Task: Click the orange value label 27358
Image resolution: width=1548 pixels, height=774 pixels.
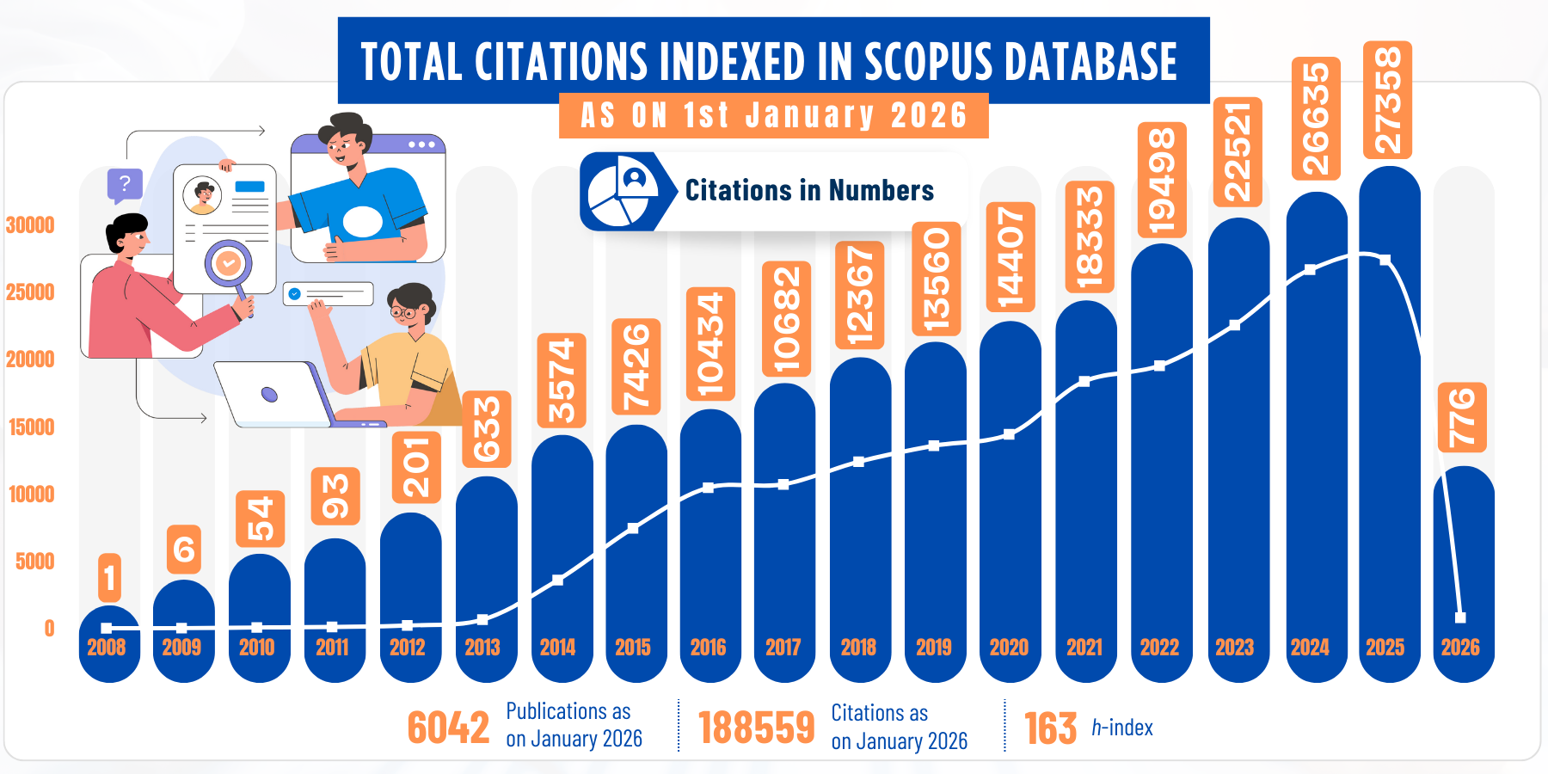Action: (x=1387, y=100)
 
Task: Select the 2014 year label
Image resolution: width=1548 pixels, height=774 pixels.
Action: (x=557, y=648)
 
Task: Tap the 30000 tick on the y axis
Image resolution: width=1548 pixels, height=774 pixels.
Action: (x=30, y=225)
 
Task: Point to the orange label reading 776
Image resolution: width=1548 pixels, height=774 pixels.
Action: (x=1462, y=418)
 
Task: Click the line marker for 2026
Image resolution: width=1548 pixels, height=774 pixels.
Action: (x=1459, y=617)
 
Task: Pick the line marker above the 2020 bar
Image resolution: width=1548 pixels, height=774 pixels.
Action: (x=1009, y=434)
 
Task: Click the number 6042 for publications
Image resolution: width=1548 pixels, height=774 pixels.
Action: (x=448, y=728)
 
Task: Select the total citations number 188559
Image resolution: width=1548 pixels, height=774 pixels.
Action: (x=756, y=728)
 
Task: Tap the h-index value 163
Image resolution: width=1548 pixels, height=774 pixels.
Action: (x=1050, y=728)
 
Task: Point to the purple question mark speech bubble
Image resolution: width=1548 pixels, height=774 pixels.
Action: (x=125, y=183)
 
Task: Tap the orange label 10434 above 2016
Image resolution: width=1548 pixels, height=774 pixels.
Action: (x=710, y=344)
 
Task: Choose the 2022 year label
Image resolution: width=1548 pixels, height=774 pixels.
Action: (x=1159, y=648)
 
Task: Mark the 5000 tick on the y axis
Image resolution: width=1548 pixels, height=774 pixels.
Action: (x=34, y=562)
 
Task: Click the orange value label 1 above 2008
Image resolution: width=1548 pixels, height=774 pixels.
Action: (x=109, y=578)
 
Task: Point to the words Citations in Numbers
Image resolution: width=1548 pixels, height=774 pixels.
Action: (x=809, y=191)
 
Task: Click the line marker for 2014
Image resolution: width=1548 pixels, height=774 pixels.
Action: (x=558, y=580)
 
